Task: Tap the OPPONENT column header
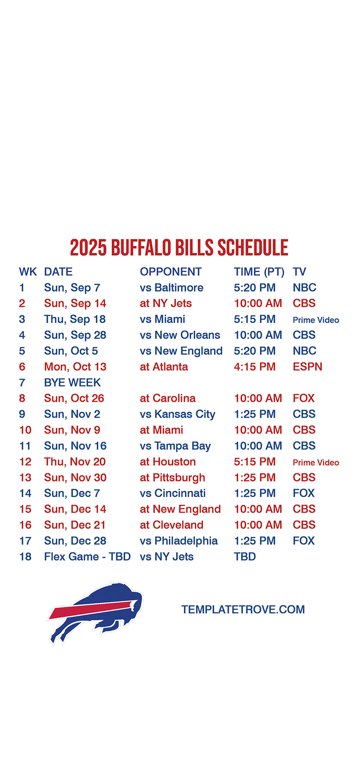coord(171,272)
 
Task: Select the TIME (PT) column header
coord(259,272)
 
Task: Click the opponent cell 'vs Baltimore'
coord(172,288)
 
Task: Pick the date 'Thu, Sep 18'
coord(75,320)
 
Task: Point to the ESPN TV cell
coord(307,367)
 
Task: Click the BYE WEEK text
coord(72,383)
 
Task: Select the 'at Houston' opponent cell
coord(168,462)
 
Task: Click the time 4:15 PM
coord(255,367)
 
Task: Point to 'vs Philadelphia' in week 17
coord(179,541)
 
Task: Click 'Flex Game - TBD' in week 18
coord(87,556)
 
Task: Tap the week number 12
coord(25,462)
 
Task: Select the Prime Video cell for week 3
coord(316,320)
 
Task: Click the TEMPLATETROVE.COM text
coord(243,609)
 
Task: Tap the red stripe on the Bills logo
coord(91,608)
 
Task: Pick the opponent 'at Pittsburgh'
coord(173,478)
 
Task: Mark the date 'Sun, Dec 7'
coord(72,493)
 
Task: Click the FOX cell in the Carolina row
coord(303,398)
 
